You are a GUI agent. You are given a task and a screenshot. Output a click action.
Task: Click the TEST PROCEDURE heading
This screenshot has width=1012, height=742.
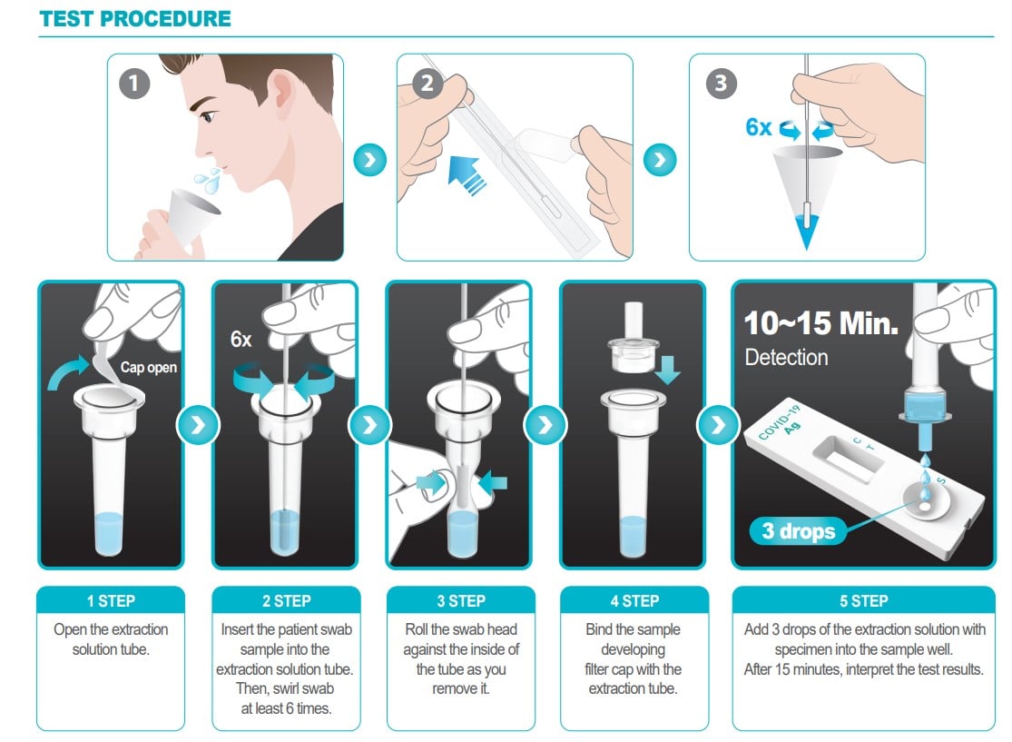point(135,18)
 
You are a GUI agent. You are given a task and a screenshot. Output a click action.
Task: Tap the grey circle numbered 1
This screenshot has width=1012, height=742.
point(134,84)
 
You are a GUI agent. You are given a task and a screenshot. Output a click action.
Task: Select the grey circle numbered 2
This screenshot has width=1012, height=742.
point(427,84)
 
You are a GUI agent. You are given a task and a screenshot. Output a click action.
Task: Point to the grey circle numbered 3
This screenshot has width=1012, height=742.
point(721,84)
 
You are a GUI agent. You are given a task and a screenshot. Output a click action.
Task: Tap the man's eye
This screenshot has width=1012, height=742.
point(208,117)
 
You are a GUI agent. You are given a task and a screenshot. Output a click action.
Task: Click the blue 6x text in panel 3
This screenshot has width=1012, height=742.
point(759,127)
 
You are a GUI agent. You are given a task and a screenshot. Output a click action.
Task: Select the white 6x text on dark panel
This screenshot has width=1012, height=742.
point(241,339)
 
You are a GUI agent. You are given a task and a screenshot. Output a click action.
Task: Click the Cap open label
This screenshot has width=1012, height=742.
point(149,368)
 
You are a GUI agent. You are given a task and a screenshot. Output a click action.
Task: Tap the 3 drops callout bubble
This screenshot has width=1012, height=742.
point(799,530)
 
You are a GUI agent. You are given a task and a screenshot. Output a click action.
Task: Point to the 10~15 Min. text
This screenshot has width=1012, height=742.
point(821,323)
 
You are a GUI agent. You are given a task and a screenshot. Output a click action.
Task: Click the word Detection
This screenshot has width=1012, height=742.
point(786,357)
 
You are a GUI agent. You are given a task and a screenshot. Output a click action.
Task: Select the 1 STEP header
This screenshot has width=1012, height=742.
point(111,600)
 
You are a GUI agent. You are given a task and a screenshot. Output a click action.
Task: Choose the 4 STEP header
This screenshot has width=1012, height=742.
point(634,600)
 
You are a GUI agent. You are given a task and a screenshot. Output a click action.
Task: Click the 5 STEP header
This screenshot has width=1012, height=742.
point(863,600)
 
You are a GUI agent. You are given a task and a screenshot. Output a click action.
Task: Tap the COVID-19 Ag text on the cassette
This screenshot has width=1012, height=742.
point(781,423)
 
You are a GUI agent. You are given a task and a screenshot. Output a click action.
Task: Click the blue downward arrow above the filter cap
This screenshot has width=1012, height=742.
point(667,370)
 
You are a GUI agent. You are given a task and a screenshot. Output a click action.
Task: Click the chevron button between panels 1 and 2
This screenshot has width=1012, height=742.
point(369,160)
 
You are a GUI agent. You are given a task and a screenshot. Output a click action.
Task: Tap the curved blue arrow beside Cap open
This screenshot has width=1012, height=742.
point(67,371)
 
